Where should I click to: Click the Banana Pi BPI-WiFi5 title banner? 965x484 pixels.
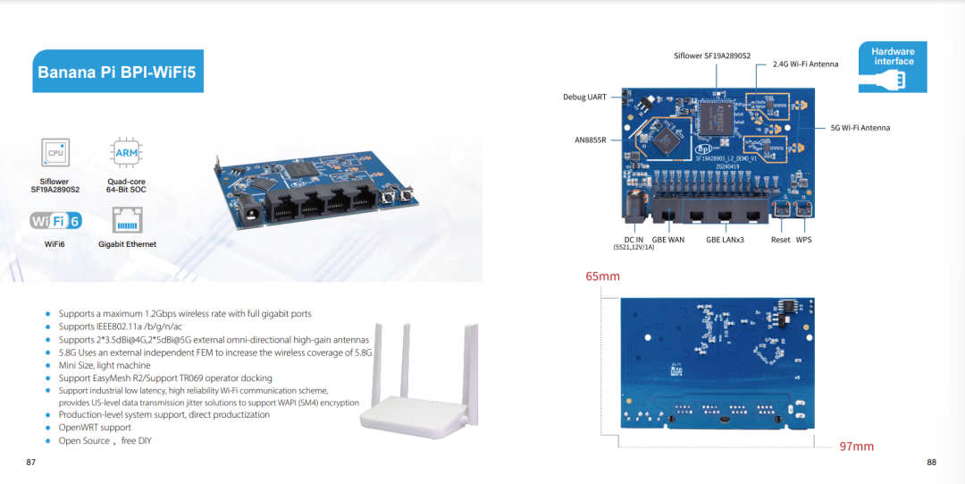118,72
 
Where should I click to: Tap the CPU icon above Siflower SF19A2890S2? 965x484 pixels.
55,152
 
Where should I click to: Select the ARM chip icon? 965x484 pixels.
126,152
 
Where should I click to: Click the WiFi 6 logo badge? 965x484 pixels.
55,221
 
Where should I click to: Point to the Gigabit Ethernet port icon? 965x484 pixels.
128,220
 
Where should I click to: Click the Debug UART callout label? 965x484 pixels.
584,97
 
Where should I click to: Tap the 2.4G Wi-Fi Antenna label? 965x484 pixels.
806,64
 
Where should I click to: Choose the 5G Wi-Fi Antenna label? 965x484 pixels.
860,128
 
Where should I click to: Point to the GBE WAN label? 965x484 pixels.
667,239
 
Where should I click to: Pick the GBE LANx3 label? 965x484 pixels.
725,239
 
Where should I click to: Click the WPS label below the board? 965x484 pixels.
804,239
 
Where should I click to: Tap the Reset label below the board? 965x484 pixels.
780,239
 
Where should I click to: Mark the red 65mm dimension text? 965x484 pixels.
602,276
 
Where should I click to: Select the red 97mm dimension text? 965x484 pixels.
857,446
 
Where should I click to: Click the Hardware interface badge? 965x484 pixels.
893,67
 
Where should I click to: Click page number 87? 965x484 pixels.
30,463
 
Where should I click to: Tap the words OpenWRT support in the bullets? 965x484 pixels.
95,428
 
